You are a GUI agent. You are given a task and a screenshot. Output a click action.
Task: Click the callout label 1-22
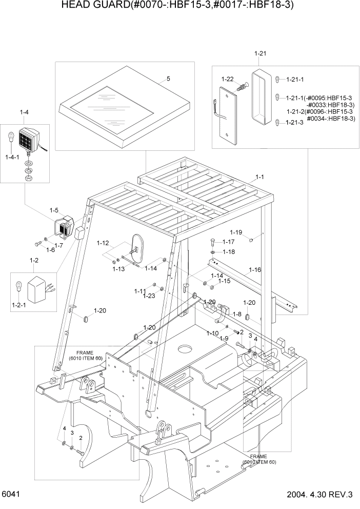tap(227, 79)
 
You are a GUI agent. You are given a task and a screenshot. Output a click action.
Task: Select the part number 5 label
tap(168, 79)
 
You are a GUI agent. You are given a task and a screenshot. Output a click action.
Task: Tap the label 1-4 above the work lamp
tap(24, 112)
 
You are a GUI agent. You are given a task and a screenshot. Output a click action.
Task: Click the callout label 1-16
tap(255, 269)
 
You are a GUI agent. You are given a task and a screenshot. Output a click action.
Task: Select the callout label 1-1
tap(259, 177)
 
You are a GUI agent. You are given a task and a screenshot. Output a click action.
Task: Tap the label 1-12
tap(103, 243)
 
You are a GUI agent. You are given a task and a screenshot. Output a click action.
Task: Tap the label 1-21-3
tap(295, 122)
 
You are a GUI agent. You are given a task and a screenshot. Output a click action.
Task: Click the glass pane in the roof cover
tap(111, 109)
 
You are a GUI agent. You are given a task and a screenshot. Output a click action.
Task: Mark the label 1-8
tap(236, 314)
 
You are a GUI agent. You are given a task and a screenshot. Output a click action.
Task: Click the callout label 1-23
tap(149, 296)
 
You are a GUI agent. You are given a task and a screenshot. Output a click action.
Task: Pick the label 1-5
tap(54, 210)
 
